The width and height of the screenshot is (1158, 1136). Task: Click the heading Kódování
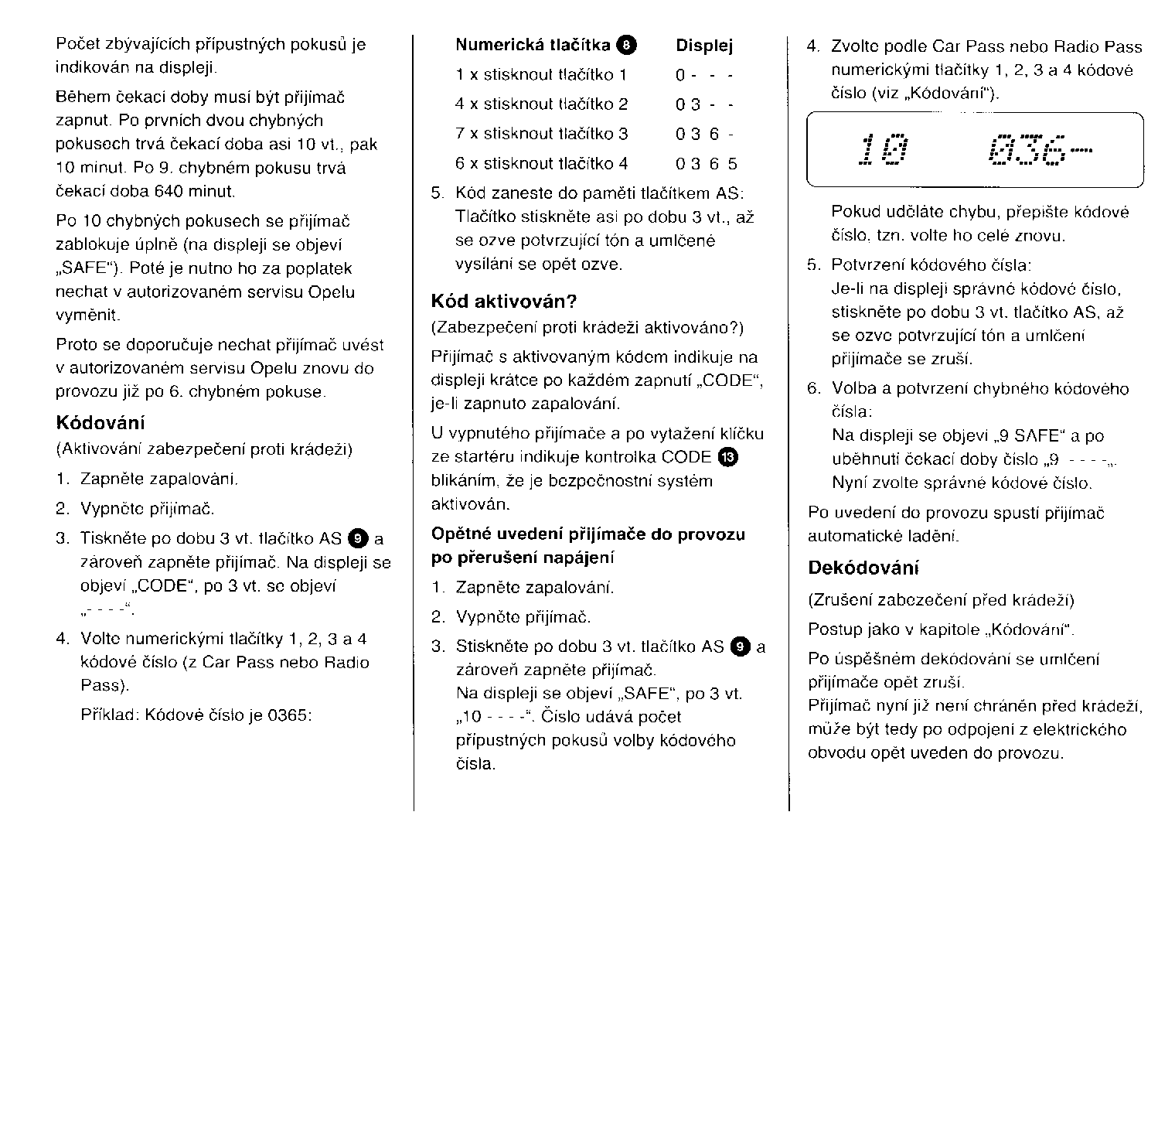[100, 423]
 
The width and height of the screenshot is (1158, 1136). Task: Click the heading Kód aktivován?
[504, 301]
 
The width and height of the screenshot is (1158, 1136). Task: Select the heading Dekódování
[863, 568]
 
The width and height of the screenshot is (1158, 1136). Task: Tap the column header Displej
[704, 46]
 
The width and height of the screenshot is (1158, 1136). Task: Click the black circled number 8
[626, 46]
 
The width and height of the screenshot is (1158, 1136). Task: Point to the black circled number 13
[728, 457]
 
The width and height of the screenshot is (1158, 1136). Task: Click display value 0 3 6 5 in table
[707, 164]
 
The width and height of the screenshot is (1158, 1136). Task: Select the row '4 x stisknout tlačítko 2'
[541, 104]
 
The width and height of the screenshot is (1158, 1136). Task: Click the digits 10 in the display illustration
[884, 150]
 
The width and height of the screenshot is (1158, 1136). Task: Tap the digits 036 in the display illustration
[1028, 150]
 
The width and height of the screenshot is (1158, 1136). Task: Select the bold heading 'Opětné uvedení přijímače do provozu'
[588, 534]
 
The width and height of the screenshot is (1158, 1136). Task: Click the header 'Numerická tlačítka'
[533, 46]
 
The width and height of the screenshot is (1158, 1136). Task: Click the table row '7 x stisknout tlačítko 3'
[541, 134]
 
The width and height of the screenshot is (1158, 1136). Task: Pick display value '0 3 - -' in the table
[704, 104]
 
